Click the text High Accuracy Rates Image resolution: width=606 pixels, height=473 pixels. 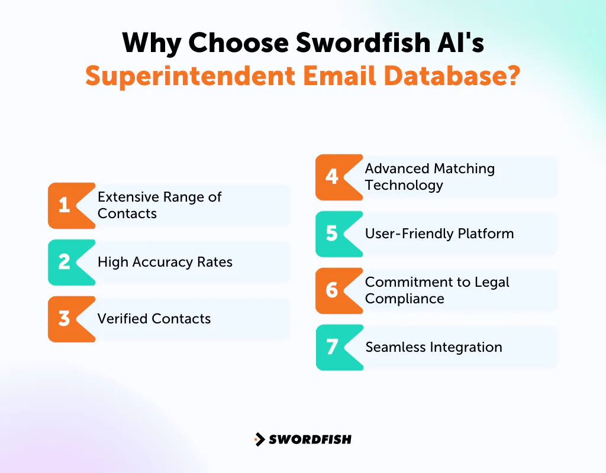(165, 262)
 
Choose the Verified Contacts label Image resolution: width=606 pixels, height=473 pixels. (154, 319)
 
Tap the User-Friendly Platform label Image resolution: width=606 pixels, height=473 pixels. (439, 234)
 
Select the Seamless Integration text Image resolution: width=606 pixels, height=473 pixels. (434, 347)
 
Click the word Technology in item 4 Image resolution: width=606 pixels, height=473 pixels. (404, 185)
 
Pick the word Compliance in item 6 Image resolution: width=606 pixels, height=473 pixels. (404, 299)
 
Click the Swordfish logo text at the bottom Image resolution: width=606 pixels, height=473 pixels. (310, 439)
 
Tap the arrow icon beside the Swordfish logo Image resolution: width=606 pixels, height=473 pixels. (259, 439)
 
